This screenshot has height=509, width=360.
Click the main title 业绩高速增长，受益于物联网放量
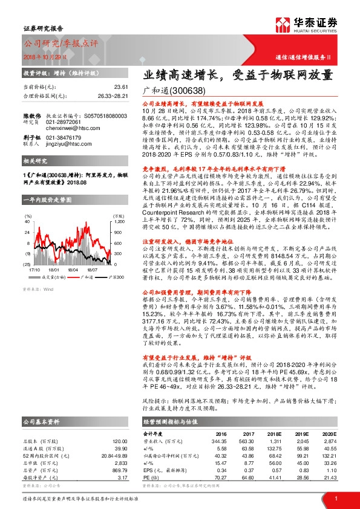pyautogui.click(x=238, y=76)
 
